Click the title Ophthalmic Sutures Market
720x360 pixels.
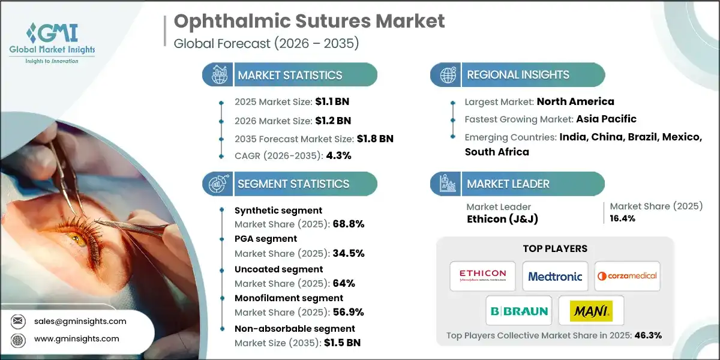[x=309, y=21]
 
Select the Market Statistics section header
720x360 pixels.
[x=289, y=75]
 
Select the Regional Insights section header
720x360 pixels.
[x=518, y=75]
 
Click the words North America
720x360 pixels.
[x=575, y=101]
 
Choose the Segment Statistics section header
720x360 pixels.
[x=293, y=184]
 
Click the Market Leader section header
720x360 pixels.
[x=508, y=184]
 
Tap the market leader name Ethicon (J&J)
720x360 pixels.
[x=502, y=219]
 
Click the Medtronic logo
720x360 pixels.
[x=555, y=276]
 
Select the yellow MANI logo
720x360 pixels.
[x=591, y=311]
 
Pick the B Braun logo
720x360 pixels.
[x=519, y=311]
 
